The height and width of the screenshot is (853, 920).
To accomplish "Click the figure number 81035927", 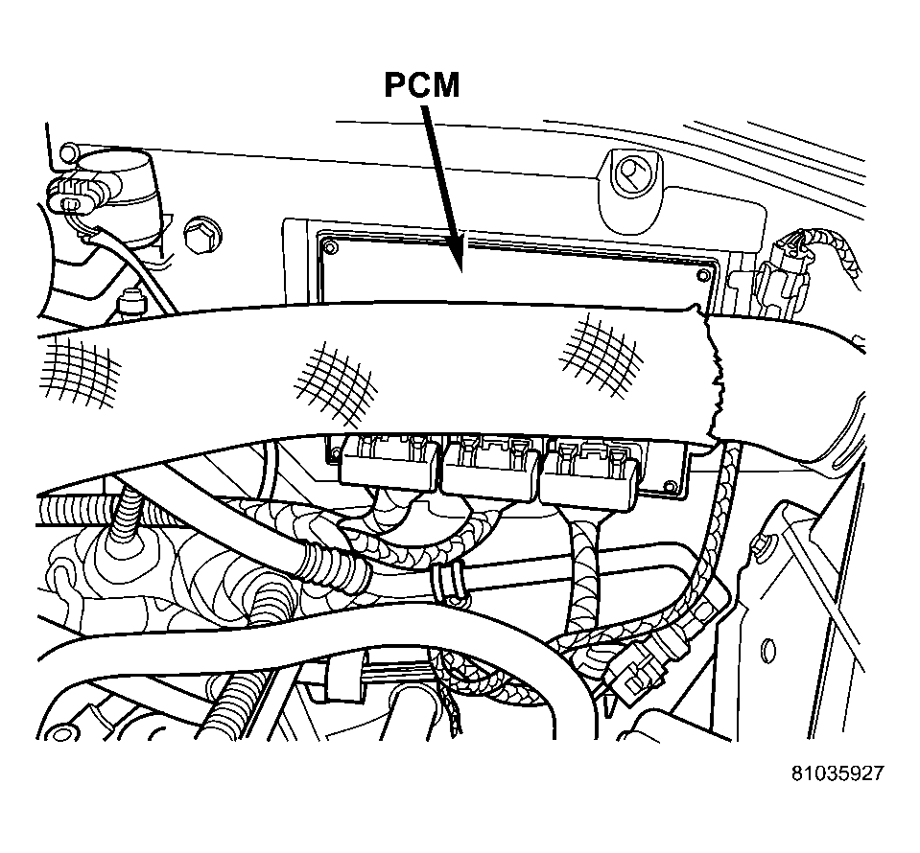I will pos(837,773).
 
